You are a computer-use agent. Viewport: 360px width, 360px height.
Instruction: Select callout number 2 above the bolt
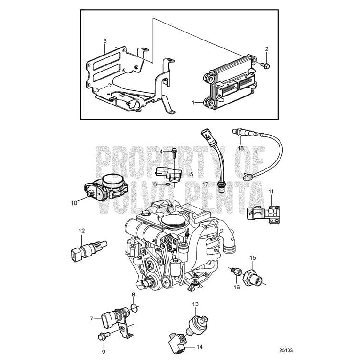point(267,49)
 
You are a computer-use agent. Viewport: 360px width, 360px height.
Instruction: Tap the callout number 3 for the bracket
point(104,41)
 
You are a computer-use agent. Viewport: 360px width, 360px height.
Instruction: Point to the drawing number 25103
point(286,350)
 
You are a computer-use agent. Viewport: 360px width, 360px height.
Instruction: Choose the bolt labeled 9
point(103,336)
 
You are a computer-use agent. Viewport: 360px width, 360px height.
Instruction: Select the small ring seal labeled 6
point(167,185)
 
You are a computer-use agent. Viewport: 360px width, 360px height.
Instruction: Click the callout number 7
point(91,319)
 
